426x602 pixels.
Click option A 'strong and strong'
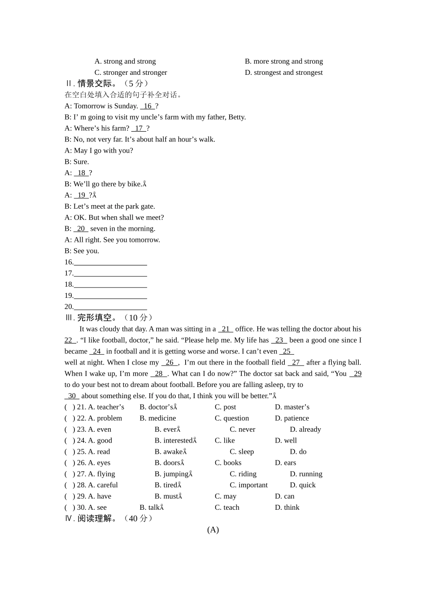pyautogui.click(x=125, y=61)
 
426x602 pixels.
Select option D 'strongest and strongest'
pyautogui.click(x=283, y=73)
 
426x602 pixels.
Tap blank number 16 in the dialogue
pyautogui.click(x=148, y=106)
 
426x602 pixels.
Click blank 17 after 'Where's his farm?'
pyautogui.click(x=139, y=128)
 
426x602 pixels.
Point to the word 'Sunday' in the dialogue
pyautogui.click(x=126, y=106)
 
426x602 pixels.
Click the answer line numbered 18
pyautogui.click(x=110, y=284)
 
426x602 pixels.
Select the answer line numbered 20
pyautogui.click(x=110, y=307)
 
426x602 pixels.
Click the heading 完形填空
pyautogui.click(x=94, y=318)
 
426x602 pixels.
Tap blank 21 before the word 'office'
pyautogui.click(x=226, y=329)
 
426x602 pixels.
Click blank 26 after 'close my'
pyautogui.click(x=170, y=362)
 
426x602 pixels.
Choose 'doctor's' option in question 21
pyautogui.click(x=158, y=407)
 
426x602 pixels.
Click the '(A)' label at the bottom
pyautogui.click(x=213, y=530)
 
